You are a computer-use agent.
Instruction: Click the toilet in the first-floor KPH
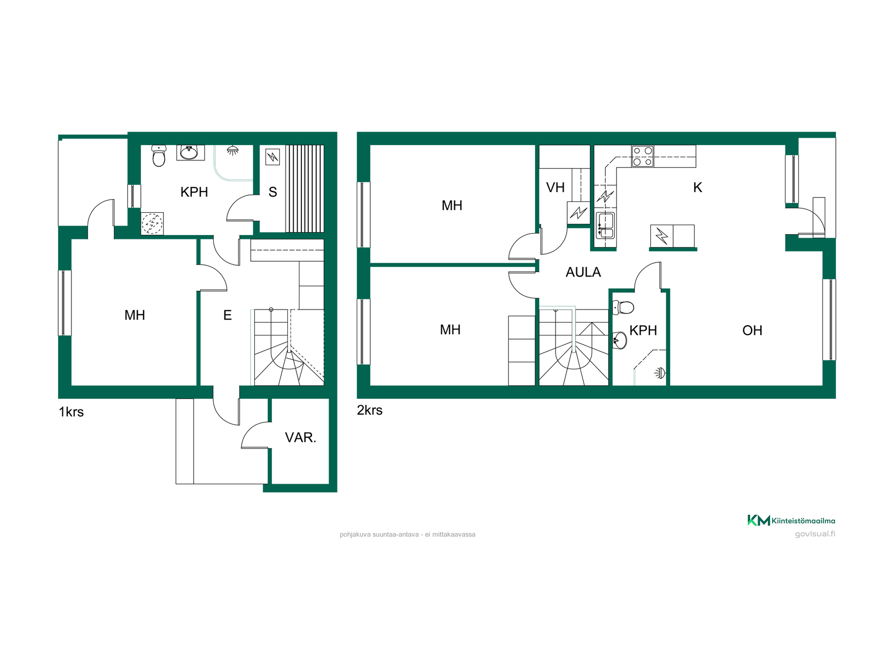[159, 155]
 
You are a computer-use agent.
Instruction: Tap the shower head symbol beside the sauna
[232, 150]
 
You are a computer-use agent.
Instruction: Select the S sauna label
[273, 192]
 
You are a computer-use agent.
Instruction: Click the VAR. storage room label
[300, 437]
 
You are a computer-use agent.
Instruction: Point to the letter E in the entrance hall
[227, 315]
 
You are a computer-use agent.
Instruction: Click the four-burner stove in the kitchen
[643, 156]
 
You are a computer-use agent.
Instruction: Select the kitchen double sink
[605, 226]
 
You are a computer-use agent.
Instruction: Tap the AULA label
[583, 272]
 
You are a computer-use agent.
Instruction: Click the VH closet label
[555, 188]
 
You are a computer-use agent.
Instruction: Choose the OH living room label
[752, 330]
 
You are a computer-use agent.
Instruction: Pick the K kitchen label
[698, 188]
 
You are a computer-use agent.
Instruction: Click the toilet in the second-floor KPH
[623, 308]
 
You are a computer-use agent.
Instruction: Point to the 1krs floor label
[71, 412]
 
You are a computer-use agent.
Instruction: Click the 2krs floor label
[370, 410]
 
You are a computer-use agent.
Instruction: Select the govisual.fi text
[815, 534]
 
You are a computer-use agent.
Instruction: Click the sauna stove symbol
[272, 157]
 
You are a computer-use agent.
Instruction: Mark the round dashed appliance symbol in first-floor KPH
[152, 223]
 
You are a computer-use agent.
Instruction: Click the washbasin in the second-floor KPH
[620, 340]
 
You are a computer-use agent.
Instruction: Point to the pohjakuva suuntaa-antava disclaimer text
[407, 535]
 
